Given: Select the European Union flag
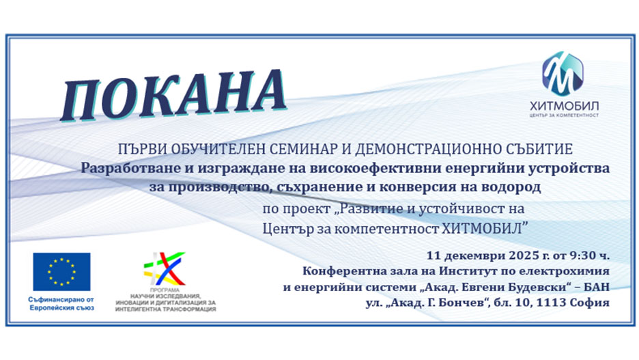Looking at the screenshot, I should (61, 271).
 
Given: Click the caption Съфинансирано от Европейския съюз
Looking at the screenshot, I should (61, 303).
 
